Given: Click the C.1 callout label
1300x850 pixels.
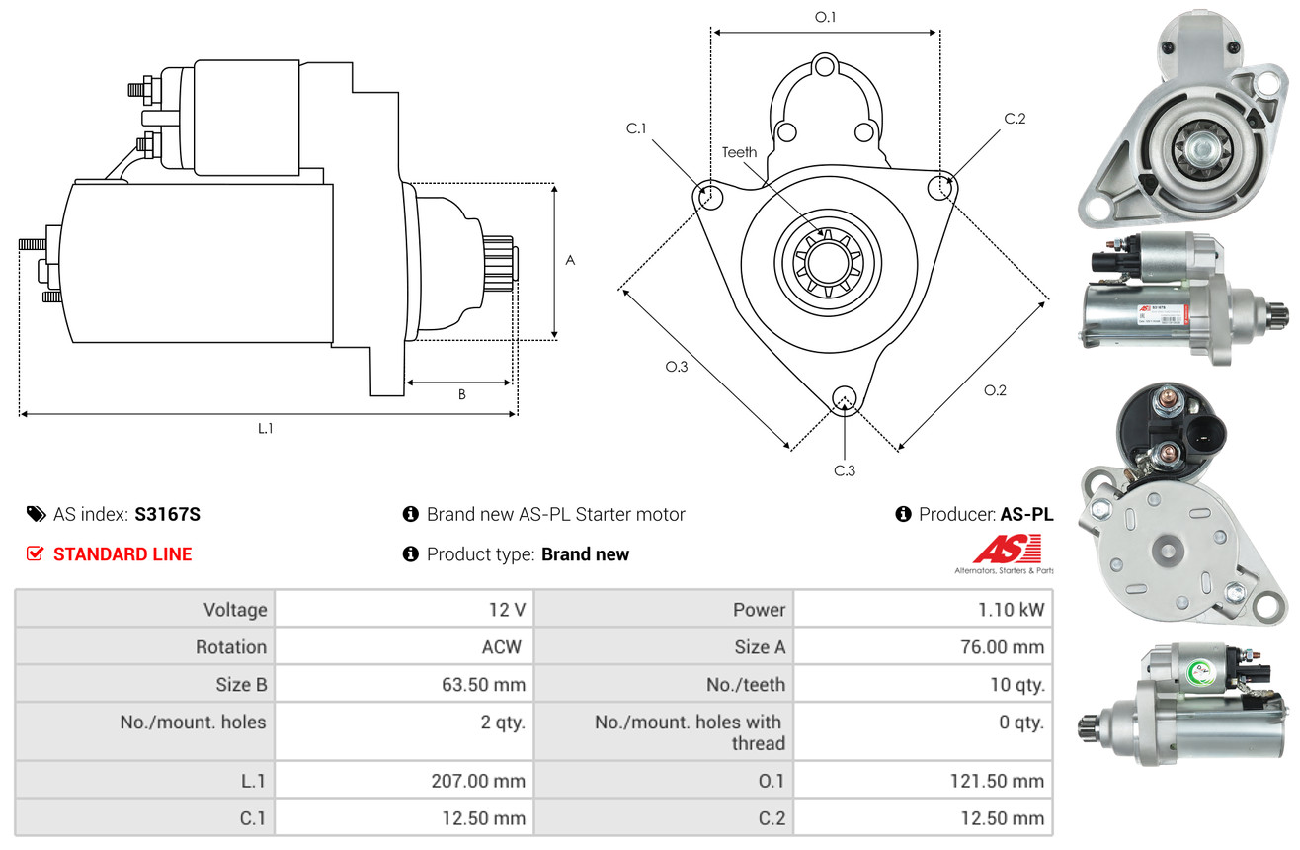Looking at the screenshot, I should tap(635, 128).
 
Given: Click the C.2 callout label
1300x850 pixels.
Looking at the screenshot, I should tap(1015, 119).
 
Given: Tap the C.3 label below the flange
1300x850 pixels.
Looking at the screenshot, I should tap(844, 470).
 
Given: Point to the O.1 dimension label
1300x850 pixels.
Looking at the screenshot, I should tap(825, 17).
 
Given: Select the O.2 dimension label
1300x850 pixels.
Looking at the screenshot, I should tap(995, 390).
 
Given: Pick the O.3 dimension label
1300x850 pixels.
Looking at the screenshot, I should tap(676, 367).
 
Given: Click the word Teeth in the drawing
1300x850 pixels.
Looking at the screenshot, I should tap(739, 152).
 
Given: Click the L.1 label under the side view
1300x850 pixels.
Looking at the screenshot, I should tap(266, 428).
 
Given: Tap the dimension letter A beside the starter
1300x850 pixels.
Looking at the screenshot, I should tap(570, 260).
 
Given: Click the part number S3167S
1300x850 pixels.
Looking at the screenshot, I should tap(168, 514).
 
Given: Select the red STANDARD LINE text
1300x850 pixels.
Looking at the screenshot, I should tap(122, 554).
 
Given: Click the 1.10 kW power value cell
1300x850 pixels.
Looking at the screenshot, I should tap(1011, 610).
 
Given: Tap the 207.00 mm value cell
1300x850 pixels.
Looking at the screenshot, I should tap(478, 781).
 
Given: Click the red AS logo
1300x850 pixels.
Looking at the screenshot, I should tap(1005, 550).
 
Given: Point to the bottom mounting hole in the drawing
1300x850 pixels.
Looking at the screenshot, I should tap(844, 398).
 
